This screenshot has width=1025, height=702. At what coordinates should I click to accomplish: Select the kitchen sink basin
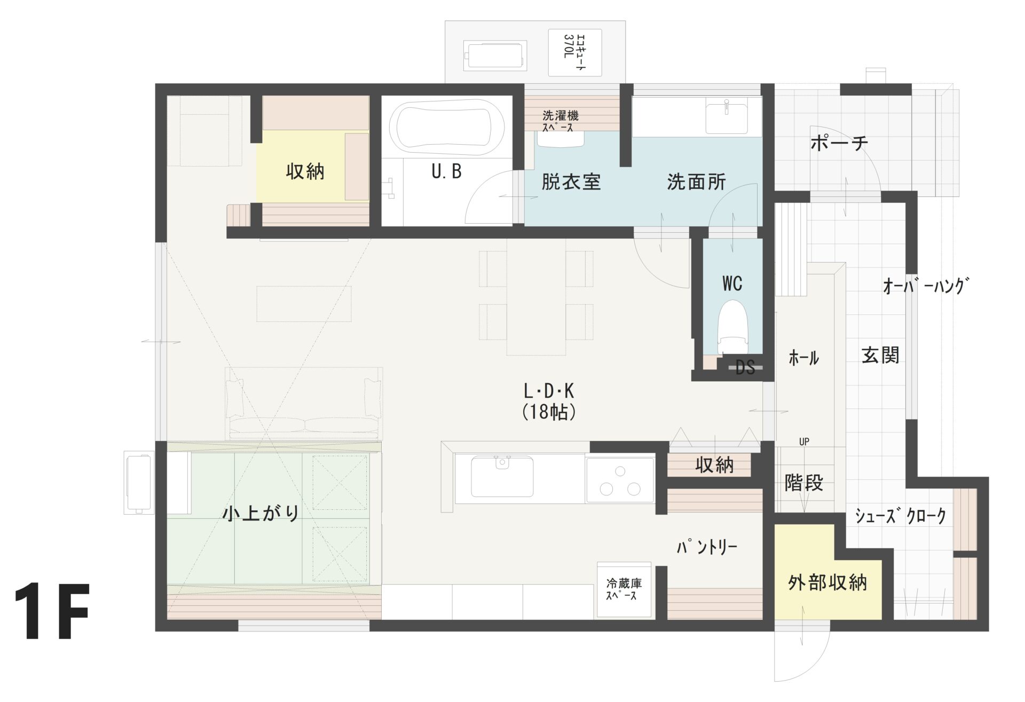pyautogui.click(x=501, y=476)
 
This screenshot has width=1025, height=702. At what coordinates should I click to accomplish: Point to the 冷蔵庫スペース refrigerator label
pyautogui.click(x=623, y=589)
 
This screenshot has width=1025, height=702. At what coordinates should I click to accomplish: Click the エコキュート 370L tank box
pyautogui.click(x=575, y=52)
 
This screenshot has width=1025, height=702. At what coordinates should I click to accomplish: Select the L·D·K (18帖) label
pyautogui.click(x=549, y=401)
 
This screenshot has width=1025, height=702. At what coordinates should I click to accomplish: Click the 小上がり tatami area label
pyautogui.click(x=261, y=513)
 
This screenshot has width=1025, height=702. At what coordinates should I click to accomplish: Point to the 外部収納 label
pyautogui.click(x=827, y=583)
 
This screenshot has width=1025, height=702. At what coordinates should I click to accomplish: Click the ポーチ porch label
pyautogui.click(x=839, y=143)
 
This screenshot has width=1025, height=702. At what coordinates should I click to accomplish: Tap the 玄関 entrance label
pyautogui.click(x=880, y=355)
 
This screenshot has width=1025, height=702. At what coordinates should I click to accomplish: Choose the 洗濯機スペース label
pyautogui.click(x=561, y=121)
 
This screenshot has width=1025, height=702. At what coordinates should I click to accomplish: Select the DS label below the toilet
pyautogui.click(x=745, y=367)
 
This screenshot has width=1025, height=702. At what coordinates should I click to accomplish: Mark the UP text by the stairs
pyautogui.click(x=804, y=441)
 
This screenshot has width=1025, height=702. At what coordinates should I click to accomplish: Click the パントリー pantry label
pyautogui.click(x=707, y=547)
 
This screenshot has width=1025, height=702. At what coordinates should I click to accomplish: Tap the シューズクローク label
pyautogui.click(x=900, y=516)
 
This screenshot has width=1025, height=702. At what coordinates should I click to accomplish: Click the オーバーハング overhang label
pyautogui.click(x=925, y=286)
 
